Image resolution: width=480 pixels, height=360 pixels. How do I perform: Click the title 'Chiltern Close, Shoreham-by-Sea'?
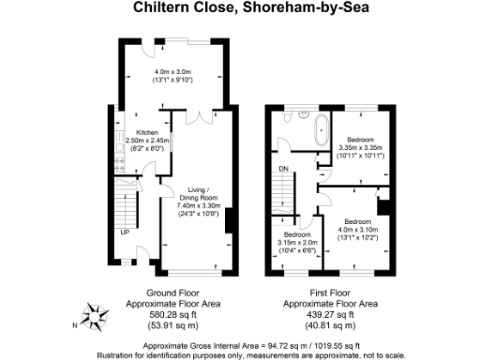pyautogui.click(x=240, y=10)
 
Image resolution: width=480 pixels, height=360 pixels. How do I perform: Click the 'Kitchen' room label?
pyautogui.click(x=146, y=133)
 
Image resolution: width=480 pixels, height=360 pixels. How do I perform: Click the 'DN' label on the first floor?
pyautogui.click(x=283, y=170)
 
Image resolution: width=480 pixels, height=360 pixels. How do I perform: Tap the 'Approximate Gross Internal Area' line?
pyautogui.click(x=240, y=344)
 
